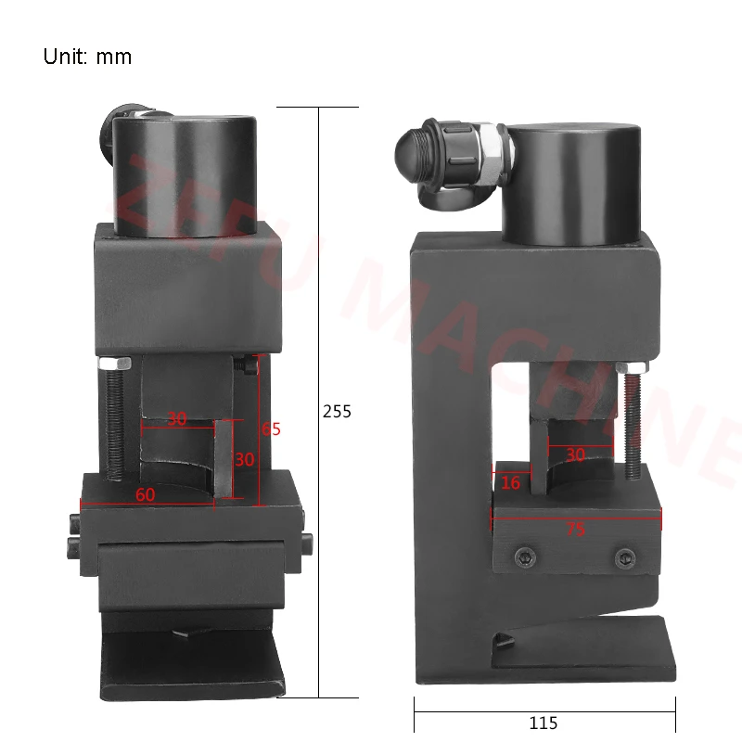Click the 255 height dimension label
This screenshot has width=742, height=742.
click(x=337, y=411)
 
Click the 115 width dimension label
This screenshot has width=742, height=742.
click(x=544, y=722)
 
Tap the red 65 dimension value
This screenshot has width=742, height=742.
click(x=271, y=429)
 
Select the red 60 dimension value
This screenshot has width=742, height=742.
click(x=145, y=495)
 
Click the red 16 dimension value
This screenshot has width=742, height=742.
click(x=510, y=482)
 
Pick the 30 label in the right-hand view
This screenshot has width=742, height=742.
click(x=575, y=455)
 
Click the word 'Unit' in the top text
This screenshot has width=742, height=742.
click(x=64, y=57)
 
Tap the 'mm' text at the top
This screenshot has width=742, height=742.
click(x=114, y=57)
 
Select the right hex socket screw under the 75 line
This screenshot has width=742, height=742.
click(x=623, y=557)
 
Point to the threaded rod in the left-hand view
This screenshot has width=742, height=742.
click(x=113, y=422)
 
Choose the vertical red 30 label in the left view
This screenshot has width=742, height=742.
click(x=243, y=460)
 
